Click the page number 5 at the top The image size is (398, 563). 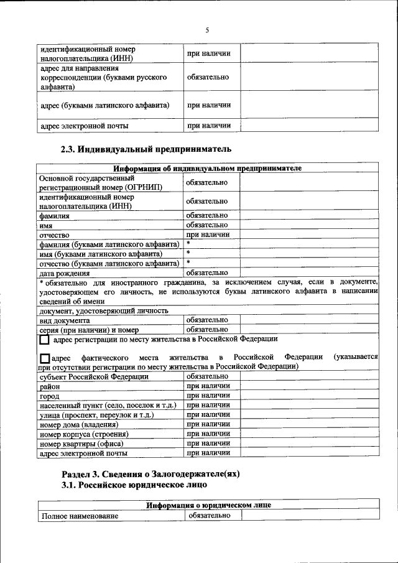point(208,30)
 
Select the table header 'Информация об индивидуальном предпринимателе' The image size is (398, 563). point(208,169)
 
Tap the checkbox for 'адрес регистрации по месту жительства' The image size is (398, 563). point(44,340)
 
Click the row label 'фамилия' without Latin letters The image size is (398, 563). point(55,216)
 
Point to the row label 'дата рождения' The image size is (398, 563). point(65,272)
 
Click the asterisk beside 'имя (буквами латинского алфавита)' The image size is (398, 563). point(188,253)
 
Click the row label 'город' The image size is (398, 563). point(50,396)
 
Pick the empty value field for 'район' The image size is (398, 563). point(308,386)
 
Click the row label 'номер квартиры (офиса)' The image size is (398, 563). point(81,444)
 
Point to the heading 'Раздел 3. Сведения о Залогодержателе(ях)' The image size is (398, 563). point(150,473)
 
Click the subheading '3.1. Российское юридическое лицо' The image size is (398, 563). point(134,485)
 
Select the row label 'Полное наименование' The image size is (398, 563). point(79,516)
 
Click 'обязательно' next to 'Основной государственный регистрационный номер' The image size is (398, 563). point(207,182)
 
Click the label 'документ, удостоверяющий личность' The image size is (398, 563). point(104,310)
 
